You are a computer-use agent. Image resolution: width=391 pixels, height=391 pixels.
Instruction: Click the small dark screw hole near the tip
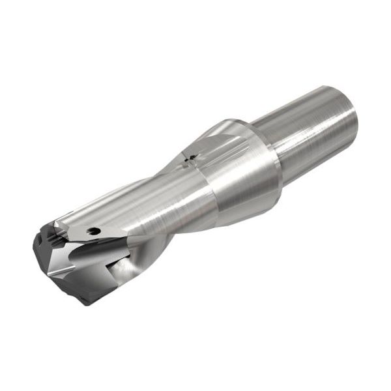point(96,230)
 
